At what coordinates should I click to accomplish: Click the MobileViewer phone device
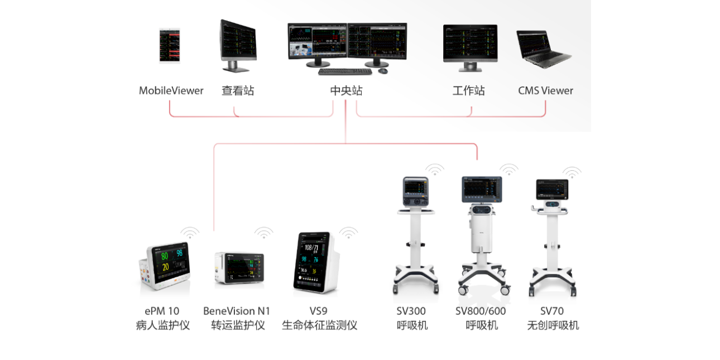click(x=171, y=46)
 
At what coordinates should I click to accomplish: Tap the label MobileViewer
click(x=171, y=90)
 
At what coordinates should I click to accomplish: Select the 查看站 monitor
click(x=238, y=42)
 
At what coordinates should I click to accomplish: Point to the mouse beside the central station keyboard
click(x=383, y=70)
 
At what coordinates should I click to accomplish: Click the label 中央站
click(x=346, y=90)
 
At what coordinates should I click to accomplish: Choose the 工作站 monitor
click(x=470, y=44)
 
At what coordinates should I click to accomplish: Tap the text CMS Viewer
click(x=545, y=90)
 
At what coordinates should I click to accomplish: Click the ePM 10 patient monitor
click(x=165, y=267)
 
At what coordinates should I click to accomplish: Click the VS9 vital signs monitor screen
click(x=313, y=259)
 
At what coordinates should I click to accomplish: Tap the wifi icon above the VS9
click(x=348, y=232)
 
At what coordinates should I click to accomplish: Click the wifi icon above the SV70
click(x=571, y=172)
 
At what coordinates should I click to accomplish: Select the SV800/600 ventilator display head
click(x=481, y=189)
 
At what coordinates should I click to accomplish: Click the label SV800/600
click(x=481, y=311)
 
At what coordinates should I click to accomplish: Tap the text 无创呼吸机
click(x=553, y=325)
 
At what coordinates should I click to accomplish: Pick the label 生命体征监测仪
click(x=319, y=325)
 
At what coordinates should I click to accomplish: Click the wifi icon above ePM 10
click(x=190, y=232)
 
